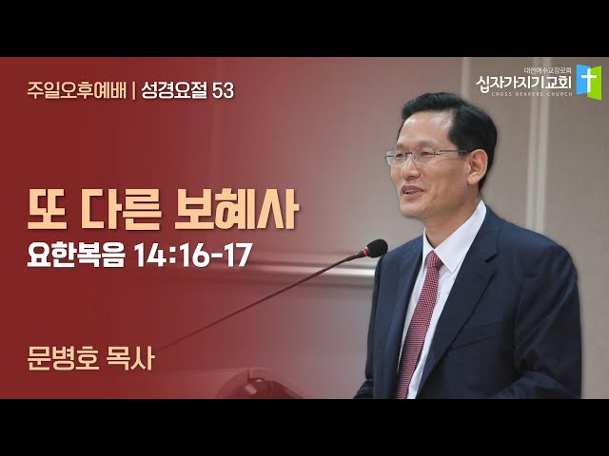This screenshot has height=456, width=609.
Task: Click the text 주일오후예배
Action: (x=77, y=91)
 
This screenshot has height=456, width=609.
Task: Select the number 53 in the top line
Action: (x=224, y=91)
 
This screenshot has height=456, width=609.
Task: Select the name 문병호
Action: (x=63, y=358)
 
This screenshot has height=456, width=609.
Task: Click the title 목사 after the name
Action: (x=130, y=358)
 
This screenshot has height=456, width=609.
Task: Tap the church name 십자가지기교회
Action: (x=523, y=82)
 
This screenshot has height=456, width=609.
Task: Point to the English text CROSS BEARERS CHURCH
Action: (x=531, y=94)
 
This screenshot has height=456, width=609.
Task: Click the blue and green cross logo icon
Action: (x=588, y=81)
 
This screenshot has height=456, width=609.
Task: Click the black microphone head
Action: (x=376, y=248)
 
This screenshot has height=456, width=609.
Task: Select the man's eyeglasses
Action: (x=425, y=157)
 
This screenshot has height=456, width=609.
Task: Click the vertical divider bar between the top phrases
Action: (x=134, y=91)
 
